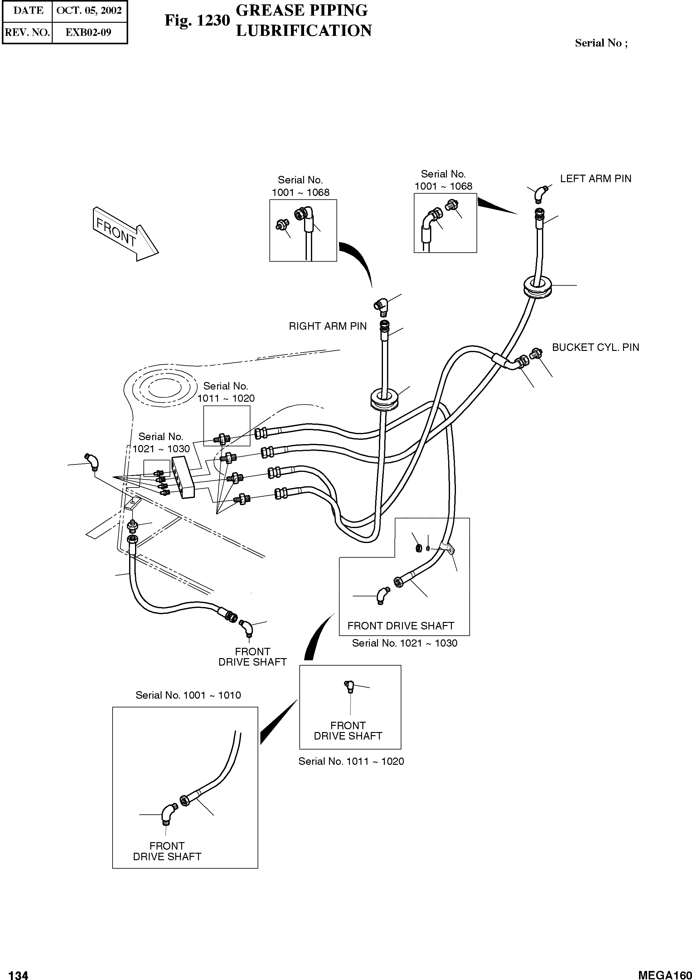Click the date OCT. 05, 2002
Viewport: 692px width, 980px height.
click(89, 11)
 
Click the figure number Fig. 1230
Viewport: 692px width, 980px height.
click(197, 20)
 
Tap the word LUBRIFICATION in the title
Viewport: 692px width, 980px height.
click(304, 31)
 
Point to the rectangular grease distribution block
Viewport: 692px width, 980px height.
click(183, 477)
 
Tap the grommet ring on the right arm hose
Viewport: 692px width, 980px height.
click(385, 400)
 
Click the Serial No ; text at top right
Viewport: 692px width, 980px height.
click(601, 43)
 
